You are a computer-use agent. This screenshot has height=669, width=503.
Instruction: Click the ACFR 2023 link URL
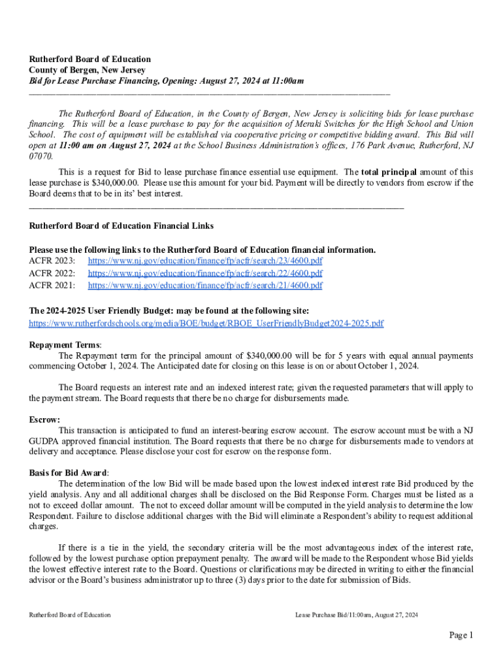(x=205, y=261)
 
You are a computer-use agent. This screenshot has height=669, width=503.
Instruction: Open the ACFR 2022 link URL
(x=205, y=273)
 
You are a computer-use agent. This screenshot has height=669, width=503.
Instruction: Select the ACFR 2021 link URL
(x=205, y=286)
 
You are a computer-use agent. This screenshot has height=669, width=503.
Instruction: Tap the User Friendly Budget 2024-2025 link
(x=206, y=323)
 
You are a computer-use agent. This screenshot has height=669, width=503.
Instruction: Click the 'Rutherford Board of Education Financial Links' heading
(x=122, y=226)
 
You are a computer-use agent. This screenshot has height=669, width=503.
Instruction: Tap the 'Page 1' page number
(x=460, y=635)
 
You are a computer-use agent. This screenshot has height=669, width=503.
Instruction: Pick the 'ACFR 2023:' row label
(x=52, y=261)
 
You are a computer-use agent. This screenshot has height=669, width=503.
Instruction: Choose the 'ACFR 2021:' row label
(x=52, y=286)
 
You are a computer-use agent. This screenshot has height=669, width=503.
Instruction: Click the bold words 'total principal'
(x=389, y=172)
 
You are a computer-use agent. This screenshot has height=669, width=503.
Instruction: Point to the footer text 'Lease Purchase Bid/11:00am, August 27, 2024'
(x=356, y=615)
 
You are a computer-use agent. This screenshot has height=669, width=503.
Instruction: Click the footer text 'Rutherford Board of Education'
(x=70, y=615)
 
